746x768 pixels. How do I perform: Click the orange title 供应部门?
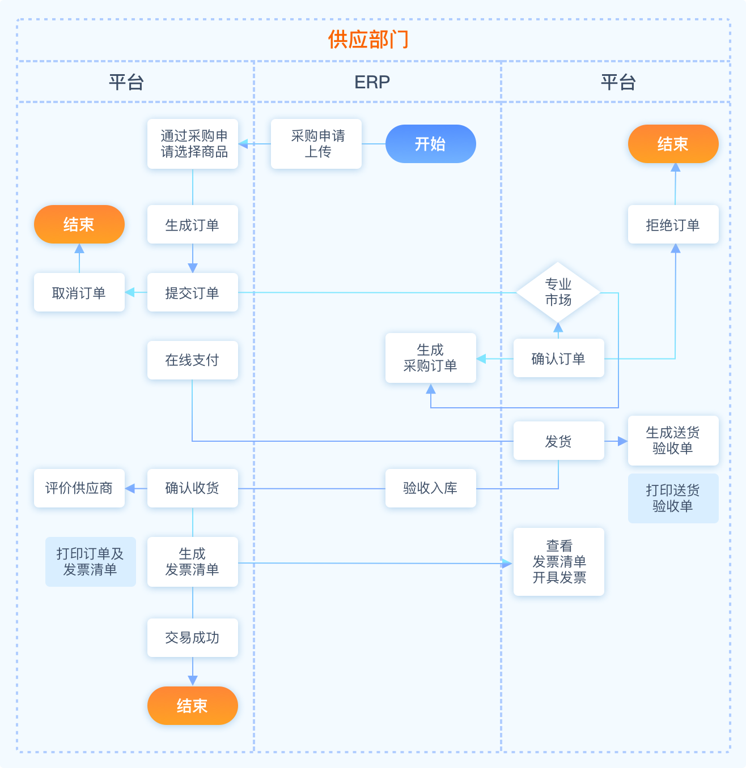(x=368, y=40)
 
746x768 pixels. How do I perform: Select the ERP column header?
(x=372, y=82)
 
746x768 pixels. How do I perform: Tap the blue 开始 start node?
(x=430, y=144)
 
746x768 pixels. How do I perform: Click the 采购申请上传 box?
(x=316, y=144)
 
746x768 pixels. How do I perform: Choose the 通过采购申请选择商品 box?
(x=193, y=144)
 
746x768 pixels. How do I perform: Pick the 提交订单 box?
(x=193, y=293)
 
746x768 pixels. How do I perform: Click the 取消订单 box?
(x=79, y=293)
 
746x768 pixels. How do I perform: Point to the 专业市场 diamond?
(x=558, y=292)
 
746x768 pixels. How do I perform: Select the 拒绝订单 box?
(x=673, y=225)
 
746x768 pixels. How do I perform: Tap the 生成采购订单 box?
(x=430, y=358)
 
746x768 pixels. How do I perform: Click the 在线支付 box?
(x=193, y=360)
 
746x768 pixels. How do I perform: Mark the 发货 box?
(x=558, y=441)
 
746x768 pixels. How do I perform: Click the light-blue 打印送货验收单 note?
(x=673, y=498)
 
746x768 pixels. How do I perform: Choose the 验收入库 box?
(x=430, y=488)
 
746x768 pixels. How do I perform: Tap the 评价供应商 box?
(x=79, y=488)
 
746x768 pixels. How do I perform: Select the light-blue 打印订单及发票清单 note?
(x=91, y=562)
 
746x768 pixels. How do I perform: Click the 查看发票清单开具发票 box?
(x=559, y=562)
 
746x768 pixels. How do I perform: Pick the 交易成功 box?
(x=193, y=638)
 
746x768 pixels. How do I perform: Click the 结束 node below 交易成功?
(x=193, y=706)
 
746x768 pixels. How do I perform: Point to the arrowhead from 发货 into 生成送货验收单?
(x=623, y=441)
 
